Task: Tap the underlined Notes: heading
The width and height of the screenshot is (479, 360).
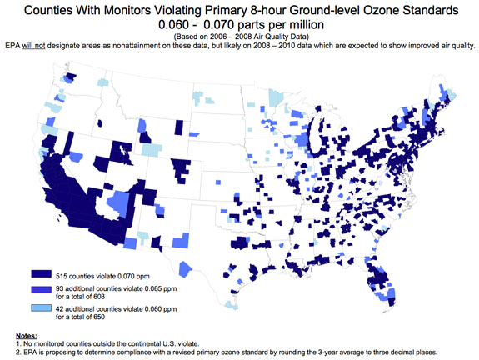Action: click(x=27, y=336)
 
